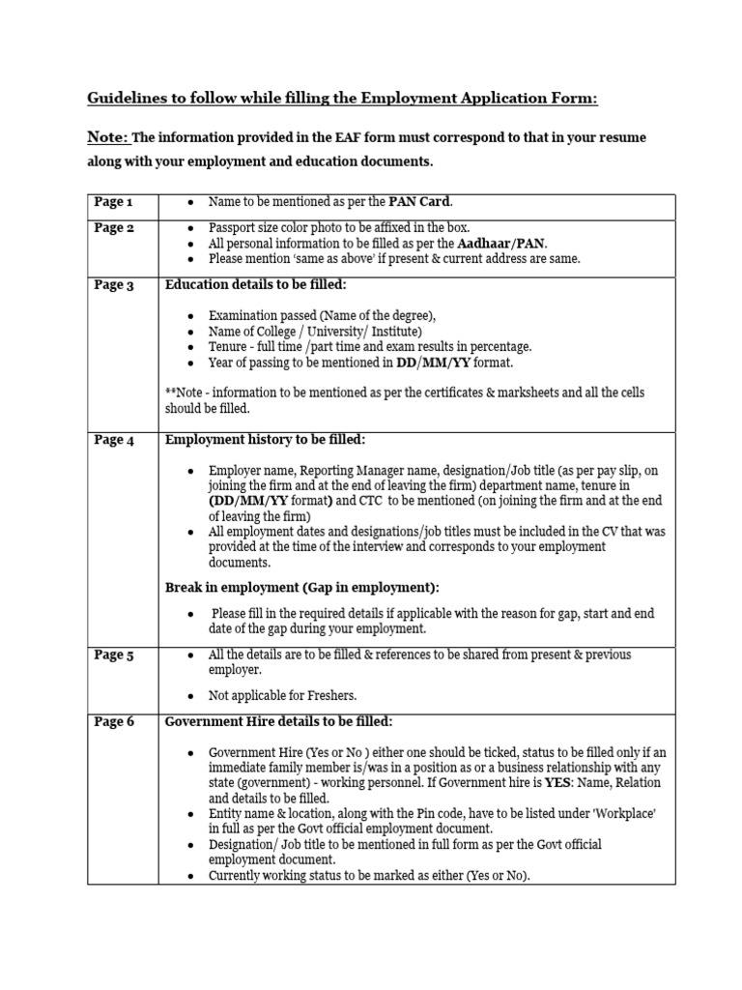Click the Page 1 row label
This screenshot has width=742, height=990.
(x=113, y=202)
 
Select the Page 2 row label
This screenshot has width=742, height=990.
(x=114, y=228)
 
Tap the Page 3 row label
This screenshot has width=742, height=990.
(x=114, y=285)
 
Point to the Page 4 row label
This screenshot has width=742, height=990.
(x=114, y=440)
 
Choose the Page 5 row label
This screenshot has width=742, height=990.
(x=114, y=655)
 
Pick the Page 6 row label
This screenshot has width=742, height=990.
(x=114, y=722)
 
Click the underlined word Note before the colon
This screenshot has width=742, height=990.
(x=105, y=137)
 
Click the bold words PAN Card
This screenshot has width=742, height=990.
(x=419, y=202)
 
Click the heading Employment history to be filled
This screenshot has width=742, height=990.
(x=266, y=440)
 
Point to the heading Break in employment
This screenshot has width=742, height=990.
(x=301, y=588)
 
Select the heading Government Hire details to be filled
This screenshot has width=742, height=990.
(x=279, y=722)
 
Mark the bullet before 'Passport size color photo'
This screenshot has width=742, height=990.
(x=191, y=229)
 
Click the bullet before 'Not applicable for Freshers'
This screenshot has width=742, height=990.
(x=191, y=696)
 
